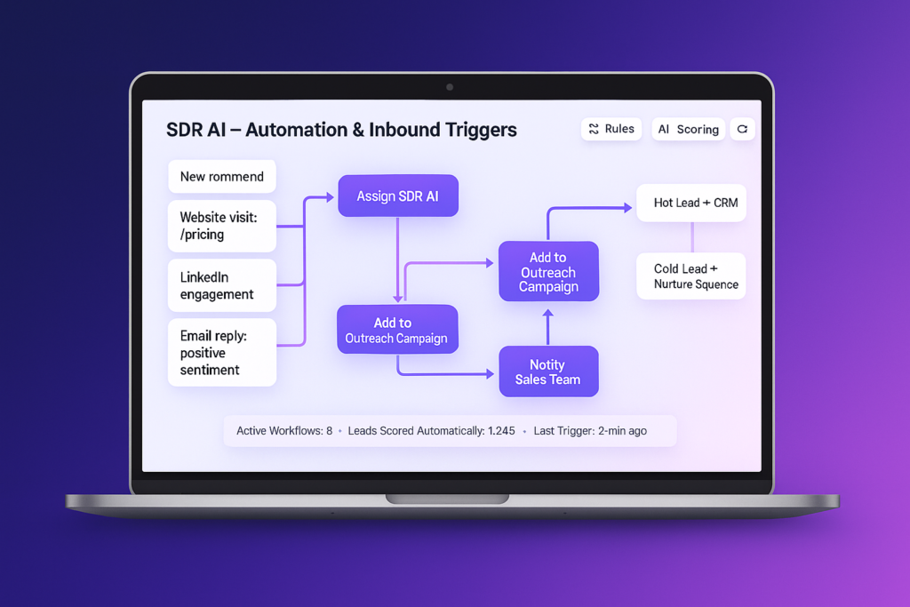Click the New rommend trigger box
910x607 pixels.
(x=221, y=177)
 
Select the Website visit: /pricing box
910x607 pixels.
(x=221, y=226)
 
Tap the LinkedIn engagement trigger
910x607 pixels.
(x=221, y=286)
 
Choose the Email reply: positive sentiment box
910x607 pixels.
(x=221, y=353)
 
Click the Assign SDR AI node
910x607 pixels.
(x=397, y=196)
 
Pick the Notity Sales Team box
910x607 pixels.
(x=547, y=371)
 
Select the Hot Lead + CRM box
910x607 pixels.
(x=690, y=203)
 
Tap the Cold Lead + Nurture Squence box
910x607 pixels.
(x=690, y=276)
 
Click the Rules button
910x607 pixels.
(x=611, y=129)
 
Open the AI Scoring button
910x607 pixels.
(x=688, y=130)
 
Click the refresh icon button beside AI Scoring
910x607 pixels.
(x=742, y=130)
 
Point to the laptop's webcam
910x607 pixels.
(x=450, y=87)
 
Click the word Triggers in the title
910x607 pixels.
(x=473, y=130)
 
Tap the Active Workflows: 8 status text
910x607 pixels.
(x=283, y=431)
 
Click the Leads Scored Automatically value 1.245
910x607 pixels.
(x=501, y=431)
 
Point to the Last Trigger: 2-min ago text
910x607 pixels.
(x=590, y=431)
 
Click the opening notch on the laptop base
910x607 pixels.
(x=447, y=499)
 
